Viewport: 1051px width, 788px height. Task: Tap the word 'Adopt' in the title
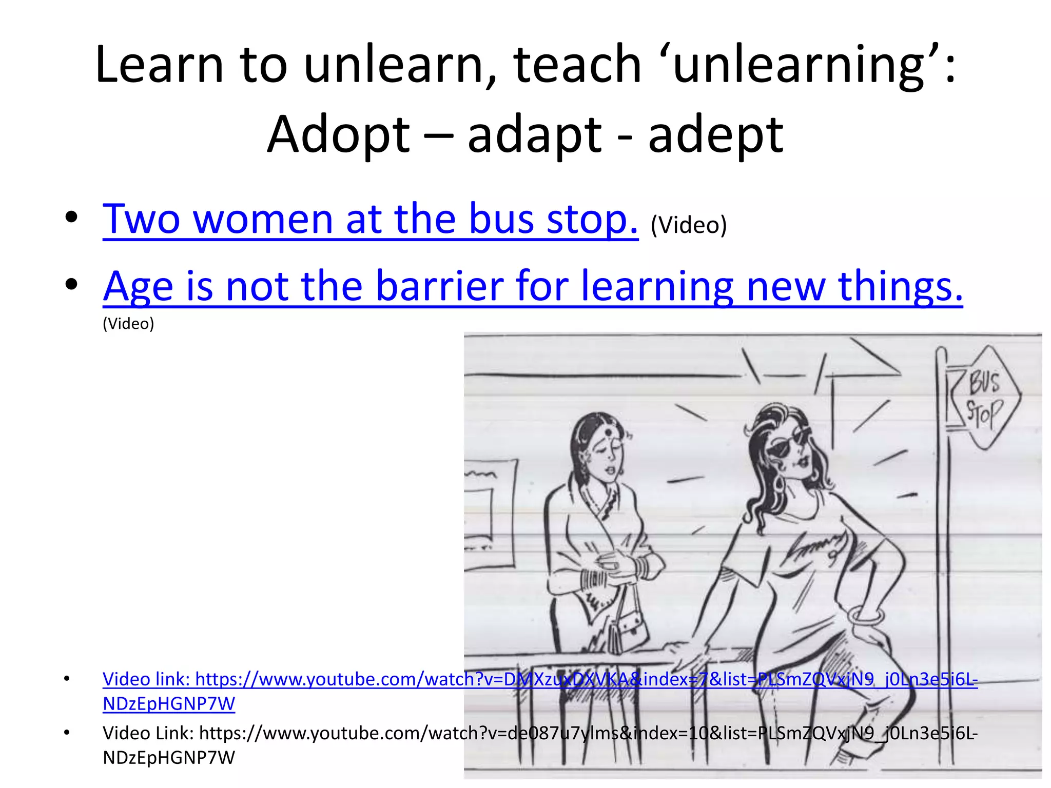tap(339, 135)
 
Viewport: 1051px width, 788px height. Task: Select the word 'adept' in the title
tap(716, 135)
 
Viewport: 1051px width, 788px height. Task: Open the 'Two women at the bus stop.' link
tap(370, 219)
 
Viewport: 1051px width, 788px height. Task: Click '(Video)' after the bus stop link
tap(688, 225)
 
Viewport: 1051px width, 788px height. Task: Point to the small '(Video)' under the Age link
tap(128, 324)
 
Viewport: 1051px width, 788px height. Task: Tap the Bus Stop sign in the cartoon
tap(983, 398)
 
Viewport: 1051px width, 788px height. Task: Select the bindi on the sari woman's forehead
tap(608, 432)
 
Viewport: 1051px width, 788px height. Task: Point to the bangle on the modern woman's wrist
tap(866, 615)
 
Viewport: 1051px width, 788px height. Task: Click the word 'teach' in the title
tap(577, 65)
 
